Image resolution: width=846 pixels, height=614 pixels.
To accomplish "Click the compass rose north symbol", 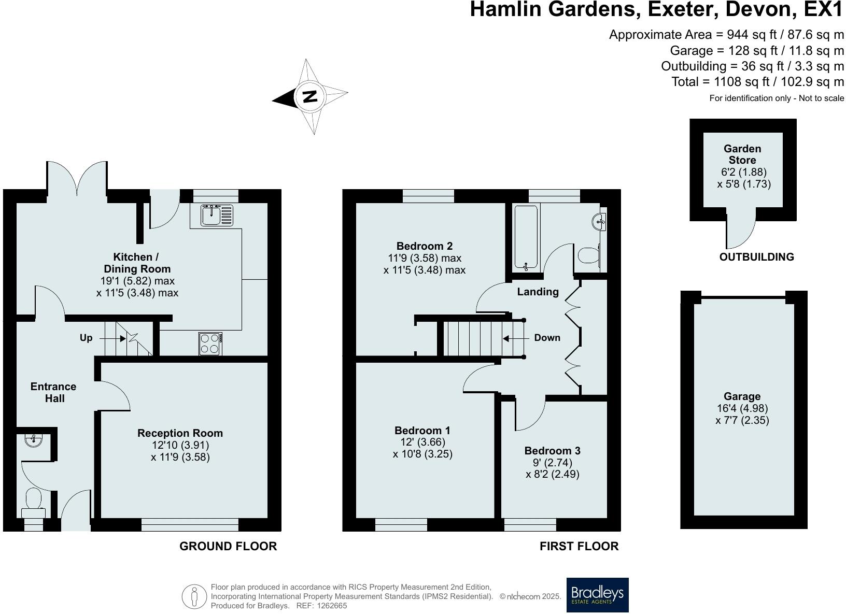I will click(309, 96).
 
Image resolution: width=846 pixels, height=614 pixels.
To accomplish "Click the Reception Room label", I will click(180, 433).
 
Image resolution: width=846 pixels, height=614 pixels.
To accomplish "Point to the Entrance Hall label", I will click(53, 392).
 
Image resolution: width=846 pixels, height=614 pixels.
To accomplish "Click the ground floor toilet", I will click(34, 502).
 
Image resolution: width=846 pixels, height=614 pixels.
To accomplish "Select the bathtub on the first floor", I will click(526, 237).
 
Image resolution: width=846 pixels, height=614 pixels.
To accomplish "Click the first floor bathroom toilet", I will click(589, 255).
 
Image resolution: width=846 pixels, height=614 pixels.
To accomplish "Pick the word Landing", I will click(538, 292).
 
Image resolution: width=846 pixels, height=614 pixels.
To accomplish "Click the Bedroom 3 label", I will click(552, 451).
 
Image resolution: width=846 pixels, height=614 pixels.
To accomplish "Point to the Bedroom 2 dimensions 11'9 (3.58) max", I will click(425, 258).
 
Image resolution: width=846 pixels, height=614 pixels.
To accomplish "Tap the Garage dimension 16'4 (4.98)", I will click(742, 408).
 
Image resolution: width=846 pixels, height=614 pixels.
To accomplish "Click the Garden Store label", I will click(742, 154).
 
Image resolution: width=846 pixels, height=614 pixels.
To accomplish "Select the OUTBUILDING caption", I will click(756, 257).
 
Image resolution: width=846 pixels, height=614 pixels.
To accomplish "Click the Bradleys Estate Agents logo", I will click(597, 595).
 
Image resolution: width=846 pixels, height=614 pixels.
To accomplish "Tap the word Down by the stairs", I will click(547, 338).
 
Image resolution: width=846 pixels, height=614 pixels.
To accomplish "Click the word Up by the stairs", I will click(86, 338).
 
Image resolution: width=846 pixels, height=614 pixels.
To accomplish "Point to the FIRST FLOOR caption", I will click(579, 546).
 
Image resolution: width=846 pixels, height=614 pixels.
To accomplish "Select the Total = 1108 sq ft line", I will click(757, 82).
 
